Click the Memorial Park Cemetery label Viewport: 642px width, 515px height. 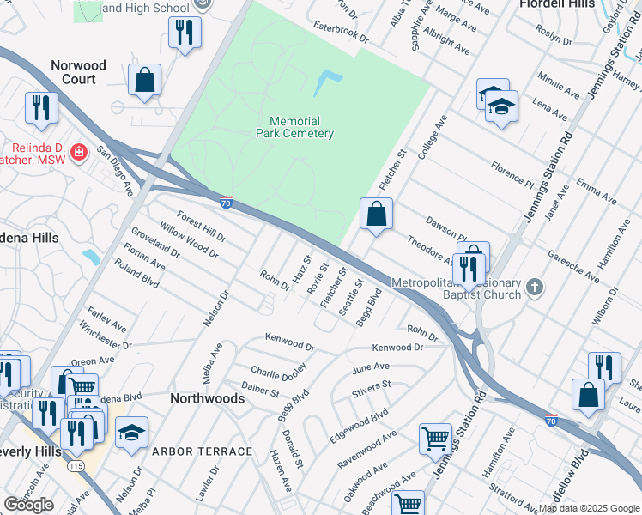[294, 127]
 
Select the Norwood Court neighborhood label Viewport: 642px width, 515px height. [78, 72]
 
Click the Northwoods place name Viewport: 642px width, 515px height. [207, 398]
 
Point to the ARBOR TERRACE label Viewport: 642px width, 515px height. [202, 451]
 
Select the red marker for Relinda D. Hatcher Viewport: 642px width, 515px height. [78, 153]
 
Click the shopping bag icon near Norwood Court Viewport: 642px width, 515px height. [145, 81]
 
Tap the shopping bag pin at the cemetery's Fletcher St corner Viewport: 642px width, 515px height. [376, 215]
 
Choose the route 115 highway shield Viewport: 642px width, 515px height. [75, 465]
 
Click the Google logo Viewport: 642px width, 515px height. [28, 505]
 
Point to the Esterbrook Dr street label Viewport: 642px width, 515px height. [340, 33]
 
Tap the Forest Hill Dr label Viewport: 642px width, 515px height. [201, 226]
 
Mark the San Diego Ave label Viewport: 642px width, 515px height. [115, 170]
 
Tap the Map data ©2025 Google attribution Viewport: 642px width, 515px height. [589, 508]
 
